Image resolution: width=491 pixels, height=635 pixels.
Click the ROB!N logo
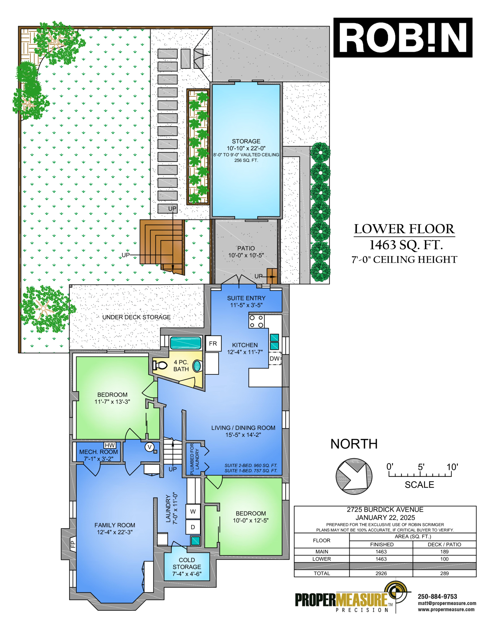pyautogui.click(x=403, y=37)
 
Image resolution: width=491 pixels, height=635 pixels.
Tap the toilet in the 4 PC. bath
pyautogui.click(x=160, y=365)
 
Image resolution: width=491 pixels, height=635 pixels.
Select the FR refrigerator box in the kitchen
pyautogui.click(x=213, y=343)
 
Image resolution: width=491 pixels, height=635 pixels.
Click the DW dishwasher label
pyautogui.click(x=275, y=358)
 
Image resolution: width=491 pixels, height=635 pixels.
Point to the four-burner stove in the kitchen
pyautogui.click(x=256, y=321)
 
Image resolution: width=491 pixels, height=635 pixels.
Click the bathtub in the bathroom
pyautogui.click(x=186, y=343)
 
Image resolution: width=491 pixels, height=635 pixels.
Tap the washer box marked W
pyautogui.click(x=193, y=511)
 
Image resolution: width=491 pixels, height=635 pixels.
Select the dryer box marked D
pyautogui.click(x=193, y=527)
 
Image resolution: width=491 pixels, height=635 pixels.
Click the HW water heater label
pyautogui.click(x=110, y=445)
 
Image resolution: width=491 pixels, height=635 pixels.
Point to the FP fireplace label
pyautogui.click(x=73, y=544)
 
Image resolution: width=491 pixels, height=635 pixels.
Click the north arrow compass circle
pyautogui.click(x=354, y=476)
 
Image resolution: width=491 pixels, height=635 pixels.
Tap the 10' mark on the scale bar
pyautogui.click(x=452, y=467)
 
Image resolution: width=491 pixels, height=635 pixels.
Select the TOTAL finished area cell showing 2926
pyautogui.click(x=381, y=573)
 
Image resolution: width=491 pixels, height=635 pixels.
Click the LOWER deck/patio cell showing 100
pyautogui.click(x=444, y=559)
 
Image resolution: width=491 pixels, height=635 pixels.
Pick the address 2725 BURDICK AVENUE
pyautogui.click(x=385, y=510)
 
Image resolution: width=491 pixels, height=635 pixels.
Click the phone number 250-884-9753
pyautogui.click(x=437, y=596)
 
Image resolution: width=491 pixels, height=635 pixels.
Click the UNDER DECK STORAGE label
pyautogui.click(x=137, y=317)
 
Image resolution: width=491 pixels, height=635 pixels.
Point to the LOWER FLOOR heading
pyautogui.click(x=404, y=229)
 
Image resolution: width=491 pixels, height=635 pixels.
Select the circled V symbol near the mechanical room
pyautogui.click(x=149, y=447)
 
